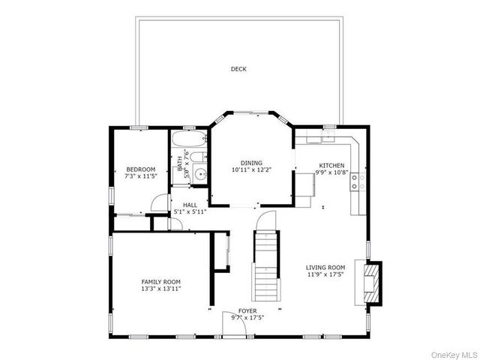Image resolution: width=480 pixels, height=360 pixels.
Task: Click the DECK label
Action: point(238,69)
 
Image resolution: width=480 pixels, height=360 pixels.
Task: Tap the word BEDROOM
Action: point(140,169)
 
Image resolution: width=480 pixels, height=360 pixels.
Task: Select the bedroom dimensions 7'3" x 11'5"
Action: point(140,176)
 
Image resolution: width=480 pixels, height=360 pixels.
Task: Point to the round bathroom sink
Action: point(199,175)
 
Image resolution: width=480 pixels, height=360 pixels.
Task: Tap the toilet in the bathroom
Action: point(197,157)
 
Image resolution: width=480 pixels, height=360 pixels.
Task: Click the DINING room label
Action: point(251,163)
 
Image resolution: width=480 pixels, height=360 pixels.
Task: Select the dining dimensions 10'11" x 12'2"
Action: point(251,170)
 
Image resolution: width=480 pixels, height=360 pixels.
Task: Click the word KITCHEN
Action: point(331,165)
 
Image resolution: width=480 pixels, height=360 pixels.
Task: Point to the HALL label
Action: point(190,205)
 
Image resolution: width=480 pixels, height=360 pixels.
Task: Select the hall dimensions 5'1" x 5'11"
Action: point(190,212)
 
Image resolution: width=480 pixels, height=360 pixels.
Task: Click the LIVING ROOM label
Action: point(325,268)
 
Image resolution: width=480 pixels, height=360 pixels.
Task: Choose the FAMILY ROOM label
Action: point(161,280)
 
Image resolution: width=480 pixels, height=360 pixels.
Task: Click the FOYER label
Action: point(247,310)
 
